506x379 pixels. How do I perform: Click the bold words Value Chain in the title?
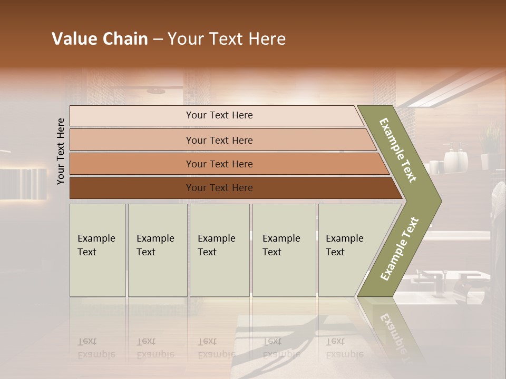click(x=100, y=39)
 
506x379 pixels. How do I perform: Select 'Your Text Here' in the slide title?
click(x=227, y=39)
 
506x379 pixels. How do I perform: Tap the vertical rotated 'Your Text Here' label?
click(x=61, y=151)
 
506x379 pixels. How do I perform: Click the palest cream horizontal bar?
click(x=219, y=115)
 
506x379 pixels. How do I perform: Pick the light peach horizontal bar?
click(x=219, y=140)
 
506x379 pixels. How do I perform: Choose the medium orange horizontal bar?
click(x=219, y=164)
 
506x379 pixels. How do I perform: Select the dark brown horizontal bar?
click(x=219, y=188)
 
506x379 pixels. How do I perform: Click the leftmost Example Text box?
click(x=98, y=250)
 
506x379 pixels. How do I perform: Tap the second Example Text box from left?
click(x=157, y=250)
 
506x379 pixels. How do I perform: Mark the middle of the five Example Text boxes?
click(x=219, y=250)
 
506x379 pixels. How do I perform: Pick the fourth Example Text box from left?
click(x=284, y=250)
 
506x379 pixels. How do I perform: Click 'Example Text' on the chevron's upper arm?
click(x=398, y=150)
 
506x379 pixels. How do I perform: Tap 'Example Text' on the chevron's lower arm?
click(x=399, y=249)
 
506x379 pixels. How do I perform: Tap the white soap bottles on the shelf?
click(x=456, y=158)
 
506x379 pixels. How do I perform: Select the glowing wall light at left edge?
click(x=24, y=183)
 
